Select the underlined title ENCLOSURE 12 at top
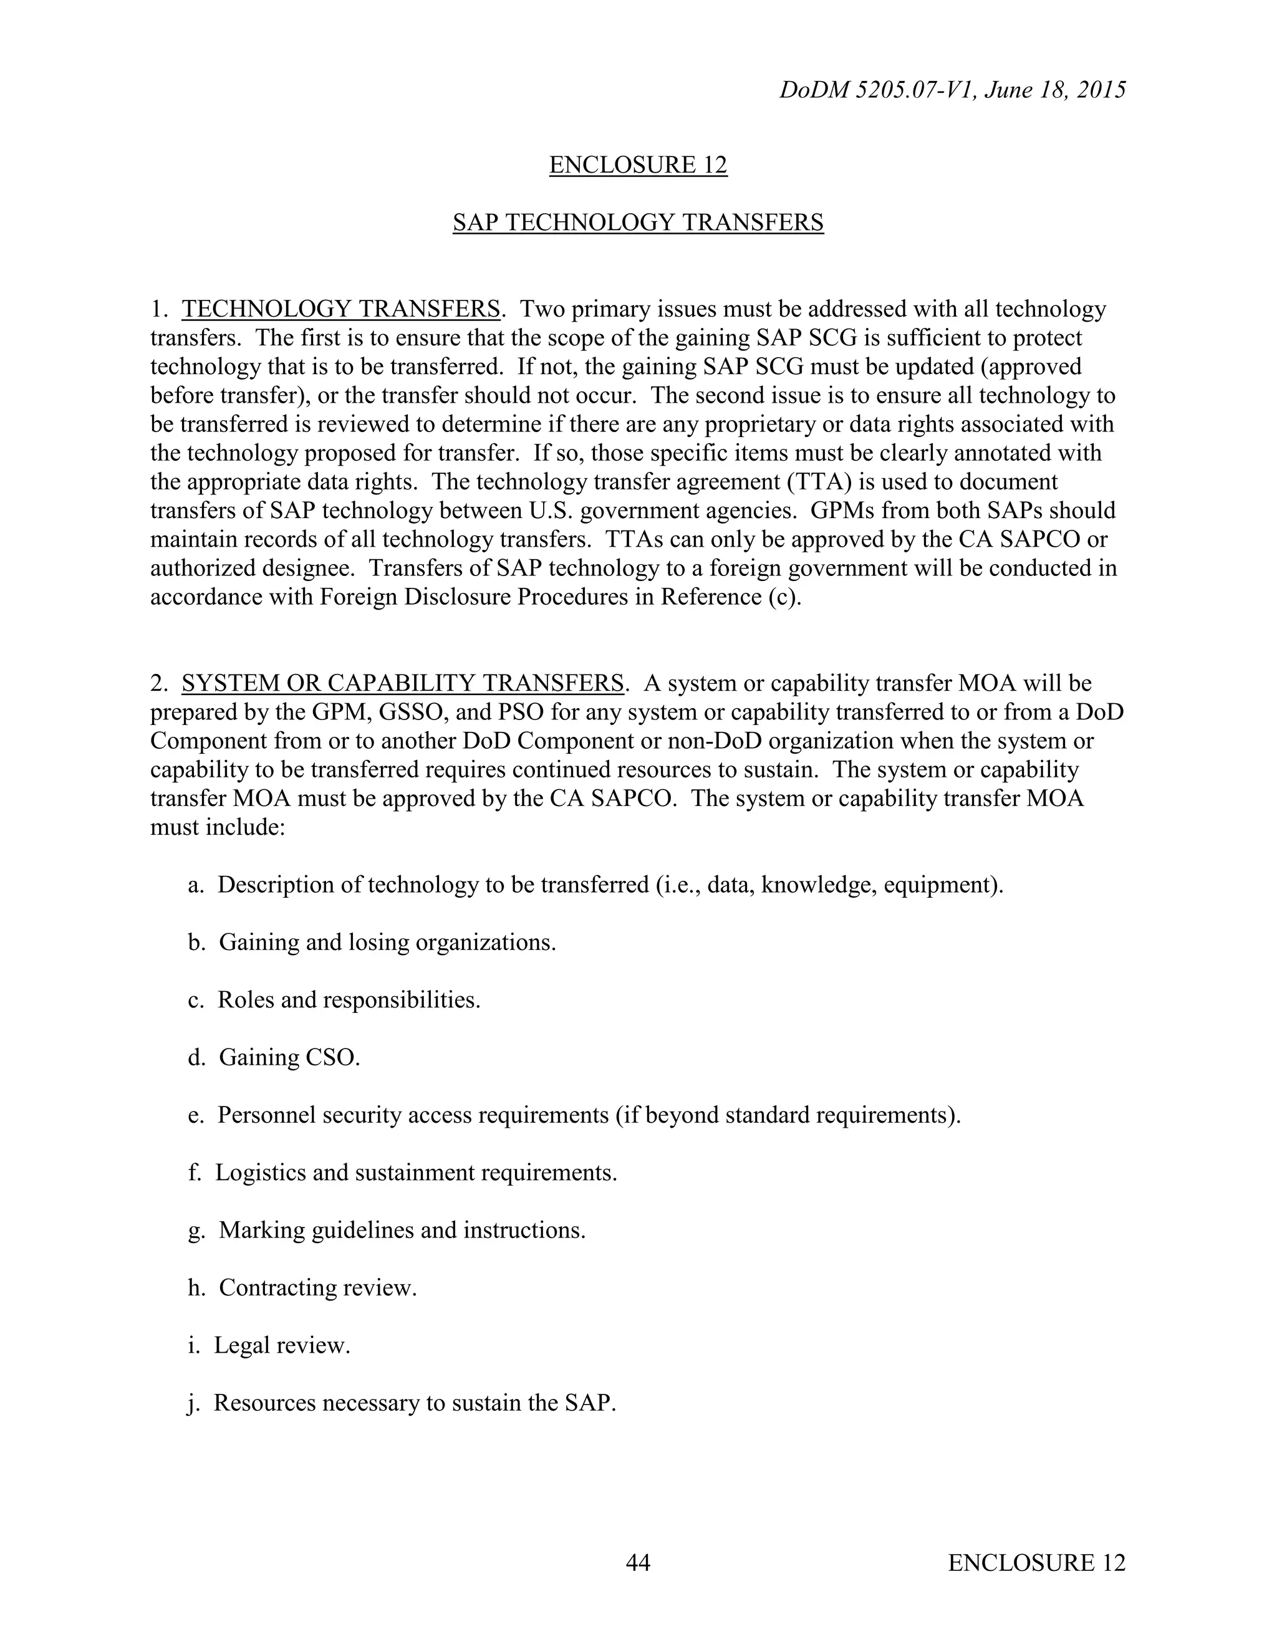coord(638,165)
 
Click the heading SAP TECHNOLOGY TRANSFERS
coord(638,223)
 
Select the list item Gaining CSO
coord(289,1057)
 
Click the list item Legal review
coord(281,1345)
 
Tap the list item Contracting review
coord(318,1287)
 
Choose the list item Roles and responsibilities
coord(349,1000)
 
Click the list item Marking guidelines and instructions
coord(402,1230)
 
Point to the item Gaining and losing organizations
coord(387,943)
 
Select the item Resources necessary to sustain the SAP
coord(415,1403)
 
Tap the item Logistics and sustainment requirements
coord(416,1173)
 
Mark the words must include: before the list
coord(217,827)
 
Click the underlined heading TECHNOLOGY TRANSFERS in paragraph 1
coord(340,309)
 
